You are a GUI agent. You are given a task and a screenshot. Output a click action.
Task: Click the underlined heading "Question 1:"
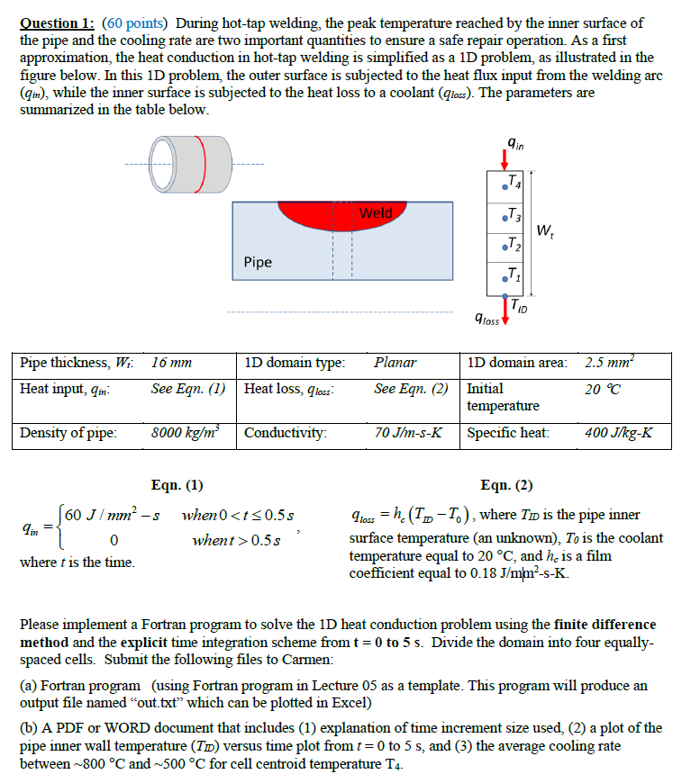59,22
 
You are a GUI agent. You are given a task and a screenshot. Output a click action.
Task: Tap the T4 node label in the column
511,186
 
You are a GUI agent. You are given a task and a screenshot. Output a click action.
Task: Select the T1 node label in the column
511,274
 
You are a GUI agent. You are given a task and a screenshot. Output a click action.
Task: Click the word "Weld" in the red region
376,213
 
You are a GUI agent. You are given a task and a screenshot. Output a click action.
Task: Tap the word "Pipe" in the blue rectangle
258,262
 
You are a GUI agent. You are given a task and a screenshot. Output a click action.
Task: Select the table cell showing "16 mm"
171,363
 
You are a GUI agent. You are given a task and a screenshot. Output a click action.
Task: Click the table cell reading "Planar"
396,363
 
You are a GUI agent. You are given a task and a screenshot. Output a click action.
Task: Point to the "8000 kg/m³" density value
186,432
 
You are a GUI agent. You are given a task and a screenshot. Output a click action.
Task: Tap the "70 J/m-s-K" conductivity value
408,432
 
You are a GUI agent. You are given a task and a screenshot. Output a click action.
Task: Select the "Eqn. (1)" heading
177,485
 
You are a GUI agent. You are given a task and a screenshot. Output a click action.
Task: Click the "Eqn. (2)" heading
507,485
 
